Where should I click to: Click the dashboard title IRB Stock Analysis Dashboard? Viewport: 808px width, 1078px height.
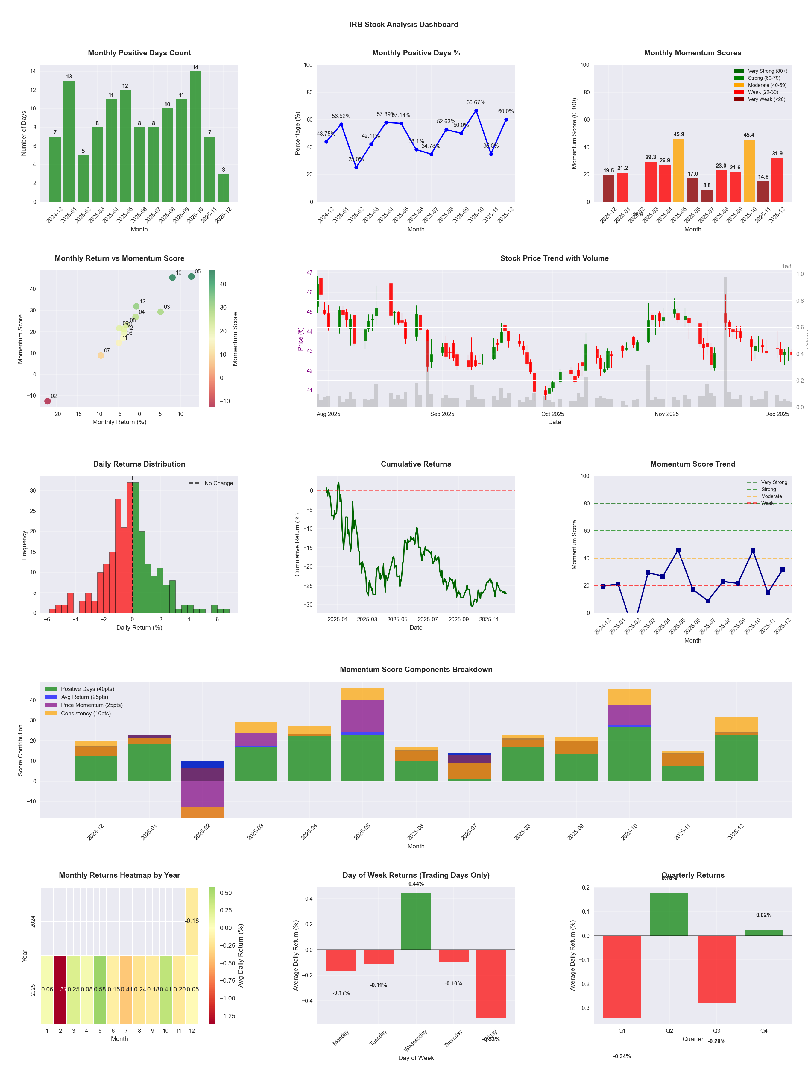(x=403, y=24)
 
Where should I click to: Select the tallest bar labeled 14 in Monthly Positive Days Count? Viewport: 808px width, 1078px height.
(x=195, y=137)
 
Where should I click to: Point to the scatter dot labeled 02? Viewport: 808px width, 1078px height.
(x=47, y=401)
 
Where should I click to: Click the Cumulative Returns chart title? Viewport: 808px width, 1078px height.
(x=416, y=464)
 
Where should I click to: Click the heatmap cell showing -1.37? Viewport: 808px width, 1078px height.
(x=60, y=989)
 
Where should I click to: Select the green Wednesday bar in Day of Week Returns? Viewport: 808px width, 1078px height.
(x=416, y=921)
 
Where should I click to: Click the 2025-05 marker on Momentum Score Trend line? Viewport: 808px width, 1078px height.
(x=678, y=550)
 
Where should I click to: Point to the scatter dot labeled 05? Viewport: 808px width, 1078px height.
(x=192, y=276)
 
